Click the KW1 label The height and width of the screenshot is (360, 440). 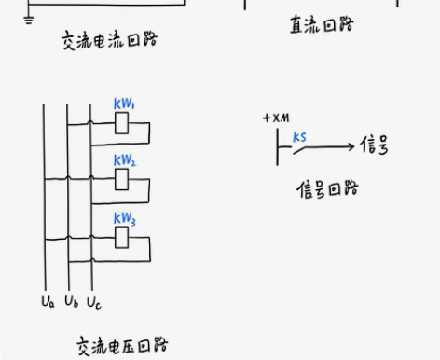point(124,104)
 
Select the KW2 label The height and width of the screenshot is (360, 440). point(125,161)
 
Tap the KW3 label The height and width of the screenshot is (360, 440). point(125,218)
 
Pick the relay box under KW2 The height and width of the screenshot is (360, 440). point(121,181)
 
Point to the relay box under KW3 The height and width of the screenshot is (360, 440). point(121,238)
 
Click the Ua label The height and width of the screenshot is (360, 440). point(48,301)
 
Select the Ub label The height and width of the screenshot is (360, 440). point(71,301)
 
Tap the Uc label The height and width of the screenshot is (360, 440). point(94,301)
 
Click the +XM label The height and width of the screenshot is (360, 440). point(277,118)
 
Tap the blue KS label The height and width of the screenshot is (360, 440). point(299,137)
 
